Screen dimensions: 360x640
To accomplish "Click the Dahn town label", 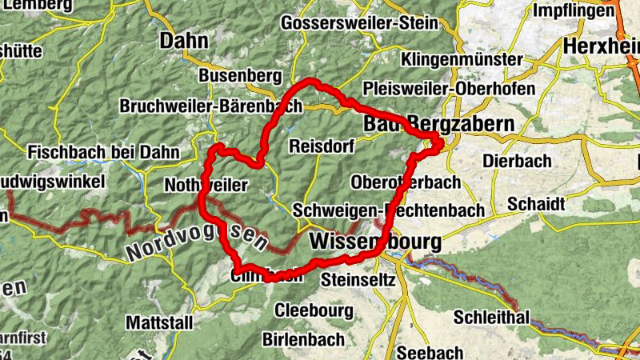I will click(184, 40).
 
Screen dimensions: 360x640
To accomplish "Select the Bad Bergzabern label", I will click(438, 124).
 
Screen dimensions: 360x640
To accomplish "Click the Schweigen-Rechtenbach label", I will click(389, 210).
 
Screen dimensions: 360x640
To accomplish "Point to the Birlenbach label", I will click(303, 338).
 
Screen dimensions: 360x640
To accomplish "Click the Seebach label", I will click(430, 353).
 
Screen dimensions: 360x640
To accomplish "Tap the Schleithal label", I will click(492, 318).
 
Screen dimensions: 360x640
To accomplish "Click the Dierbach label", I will click(517, 161).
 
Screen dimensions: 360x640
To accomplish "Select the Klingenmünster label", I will click(462, 60).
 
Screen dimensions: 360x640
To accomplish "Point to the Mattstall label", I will click(158, 322).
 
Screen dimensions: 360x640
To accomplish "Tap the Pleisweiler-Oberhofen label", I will click(449, 87).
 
